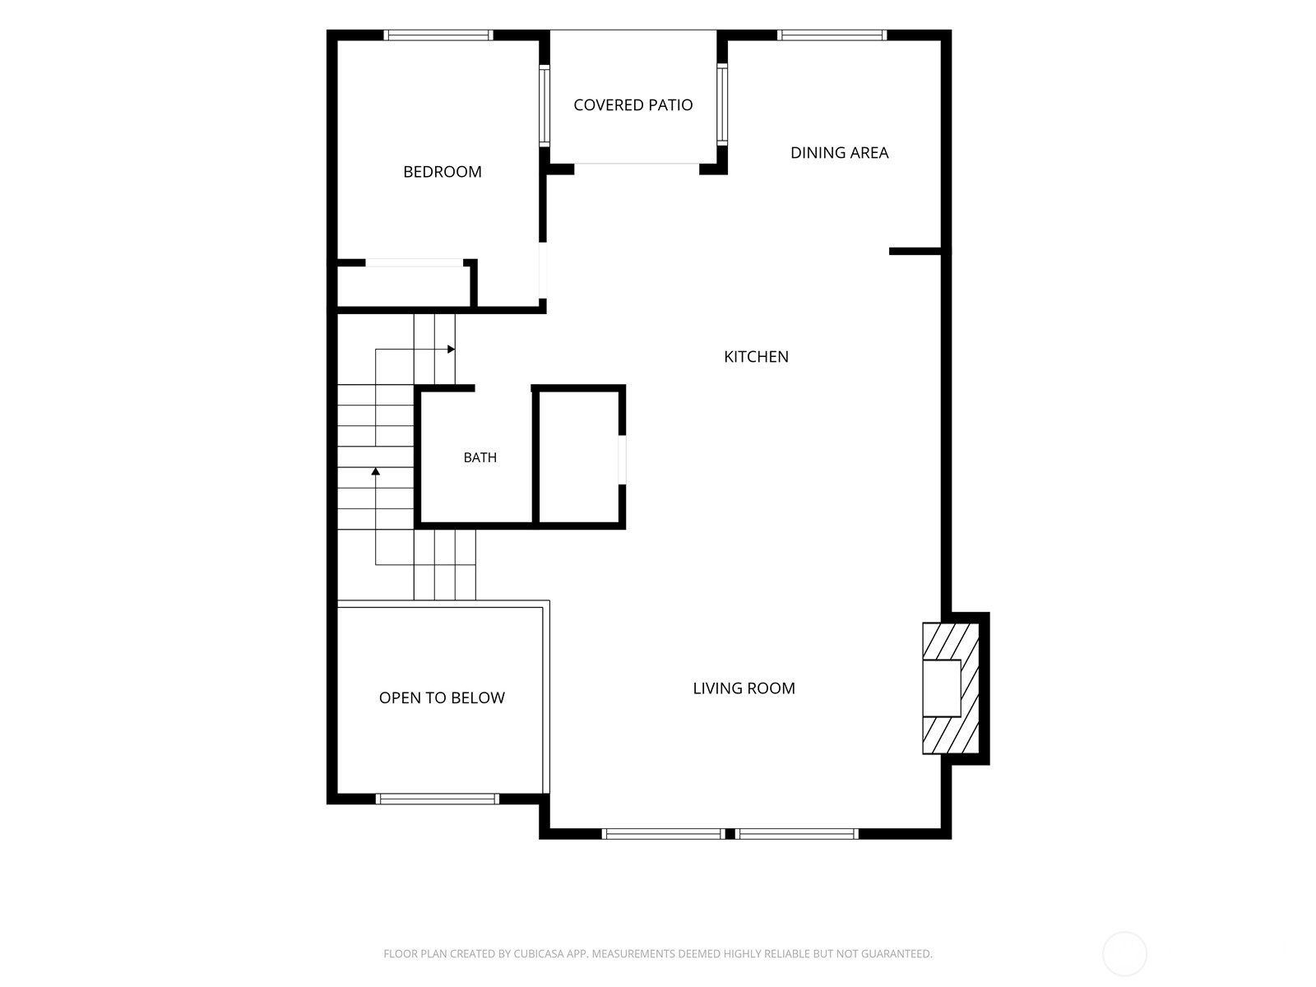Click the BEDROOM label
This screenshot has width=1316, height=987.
pos(442,172)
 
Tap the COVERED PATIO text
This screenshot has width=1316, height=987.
pos(633,105)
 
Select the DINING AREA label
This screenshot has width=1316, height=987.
pos(839,153)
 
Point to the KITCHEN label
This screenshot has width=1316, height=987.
pos(755,357)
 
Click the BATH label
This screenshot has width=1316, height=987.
pos(480,457)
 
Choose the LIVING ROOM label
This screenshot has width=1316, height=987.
pos(744,688)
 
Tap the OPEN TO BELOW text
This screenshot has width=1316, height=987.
pos(441,697)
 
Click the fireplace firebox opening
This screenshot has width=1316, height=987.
pos(941,688)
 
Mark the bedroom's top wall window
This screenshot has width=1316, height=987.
pos(438,35)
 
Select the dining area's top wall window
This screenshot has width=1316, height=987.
pos(832,35)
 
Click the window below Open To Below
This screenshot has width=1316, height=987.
pos(437,799)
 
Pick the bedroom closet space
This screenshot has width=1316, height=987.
pos(404,286)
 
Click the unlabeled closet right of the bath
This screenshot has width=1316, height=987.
pos(578,457)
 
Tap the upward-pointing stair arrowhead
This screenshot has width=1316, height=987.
pos(375,471)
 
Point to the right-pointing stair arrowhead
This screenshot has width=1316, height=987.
pos(451,350)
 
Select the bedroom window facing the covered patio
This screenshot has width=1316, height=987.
pos(544,105)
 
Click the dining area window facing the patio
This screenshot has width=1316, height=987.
pos(722,104)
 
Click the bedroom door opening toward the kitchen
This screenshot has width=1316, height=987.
pos(543,271)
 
